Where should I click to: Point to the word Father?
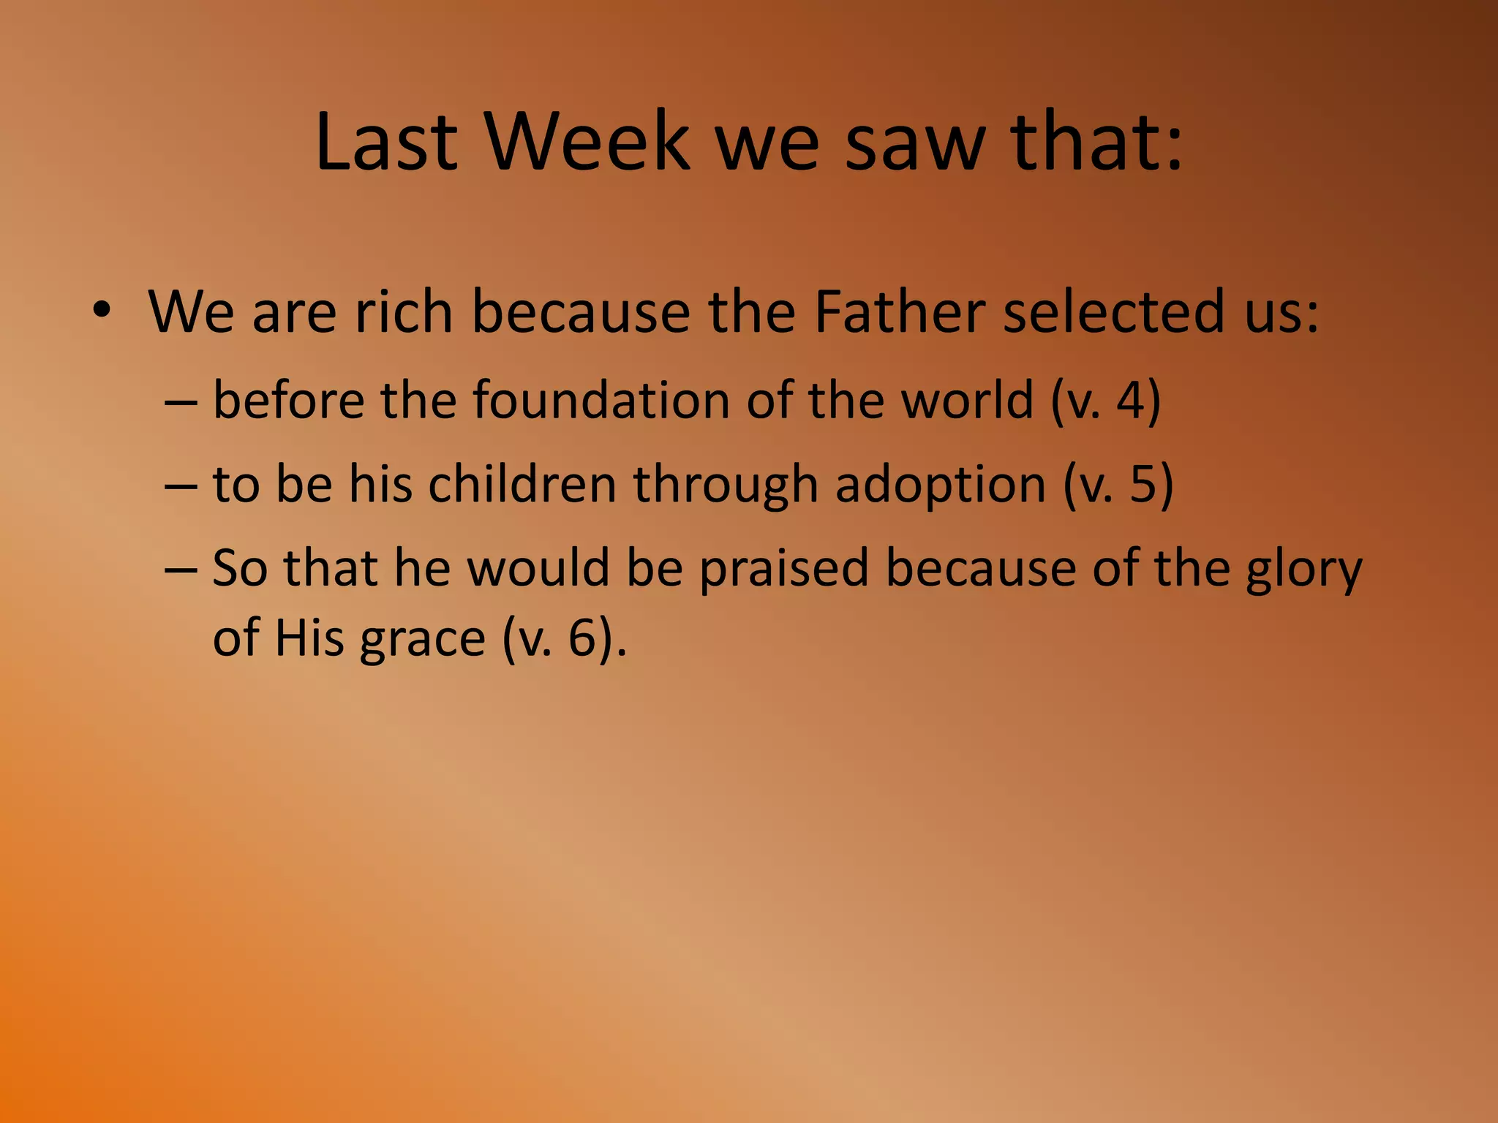899,311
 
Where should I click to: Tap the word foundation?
601,400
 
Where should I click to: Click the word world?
966,400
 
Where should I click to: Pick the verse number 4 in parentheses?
1130,401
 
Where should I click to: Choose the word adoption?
940,485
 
